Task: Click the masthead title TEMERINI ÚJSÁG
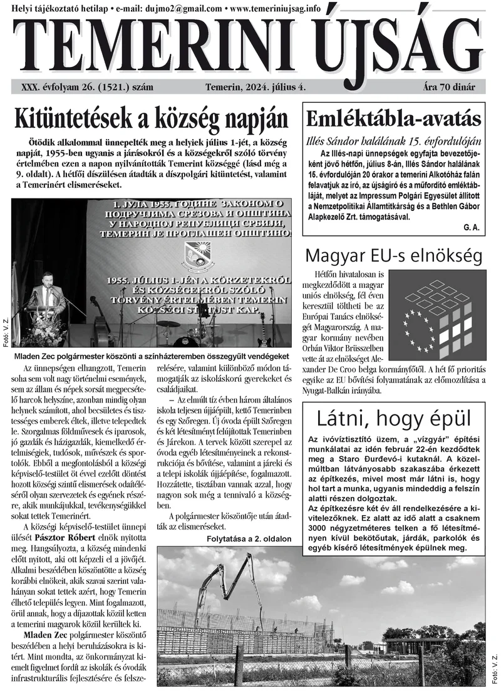(250, 47)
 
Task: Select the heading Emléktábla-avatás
(393, 118)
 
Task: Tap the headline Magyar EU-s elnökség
(393, 255)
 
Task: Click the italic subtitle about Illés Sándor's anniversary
(393, 140)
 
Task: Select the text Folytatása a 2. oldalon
(249, 538)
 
